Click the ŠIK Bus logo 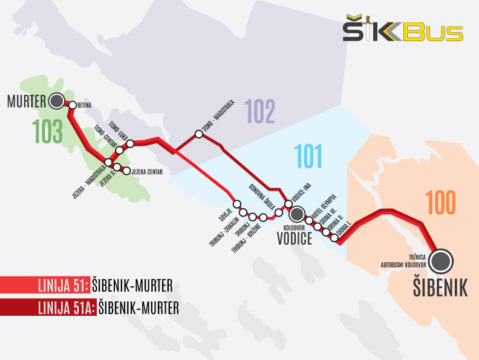tap(403, 30)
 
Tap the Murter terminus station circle tap(57, 100)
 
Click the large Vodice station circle tap(296, 214)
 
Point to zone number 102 tap(259, 111)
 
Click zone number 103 tap(49, 131)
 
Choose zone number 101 tap(308, 157)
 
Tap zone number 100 tap(440, 203)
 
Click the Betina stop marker tap(73, 105)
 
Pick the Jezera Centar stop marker tap(126, 171)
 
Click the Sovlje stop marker tap(237, 204)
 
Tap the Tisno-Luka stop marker tap(130, 143)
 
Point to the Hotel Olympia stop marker tap(309, 220)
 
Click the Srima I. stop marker tap(334, 237)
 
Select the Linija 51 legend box tap(45, 284)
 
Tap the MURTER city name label tap(27, 101)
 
